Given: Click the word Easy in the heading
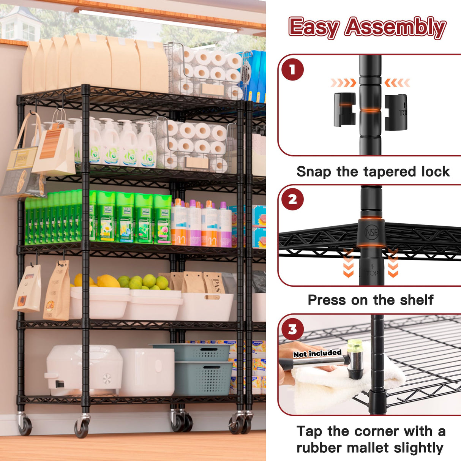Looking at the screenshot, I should click(314, 27).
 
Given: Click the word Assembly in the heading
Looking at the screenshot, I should click(395, 27).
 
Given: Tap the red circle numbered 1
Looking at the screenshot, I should click(292, 69).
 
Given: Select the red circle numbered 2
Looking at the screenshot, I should click(292, 199).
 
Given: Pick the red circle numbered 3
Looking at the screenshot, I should click(292, 329).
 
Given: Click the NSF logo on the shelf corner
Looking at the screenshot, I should click(371, 232).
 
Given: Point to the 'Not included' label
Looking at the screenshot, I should click(317, 354).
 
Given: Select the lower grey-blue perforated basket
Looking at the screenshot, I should click(204, 378).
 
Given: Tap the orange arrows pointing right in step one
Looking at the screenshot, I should click(343, 83).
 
